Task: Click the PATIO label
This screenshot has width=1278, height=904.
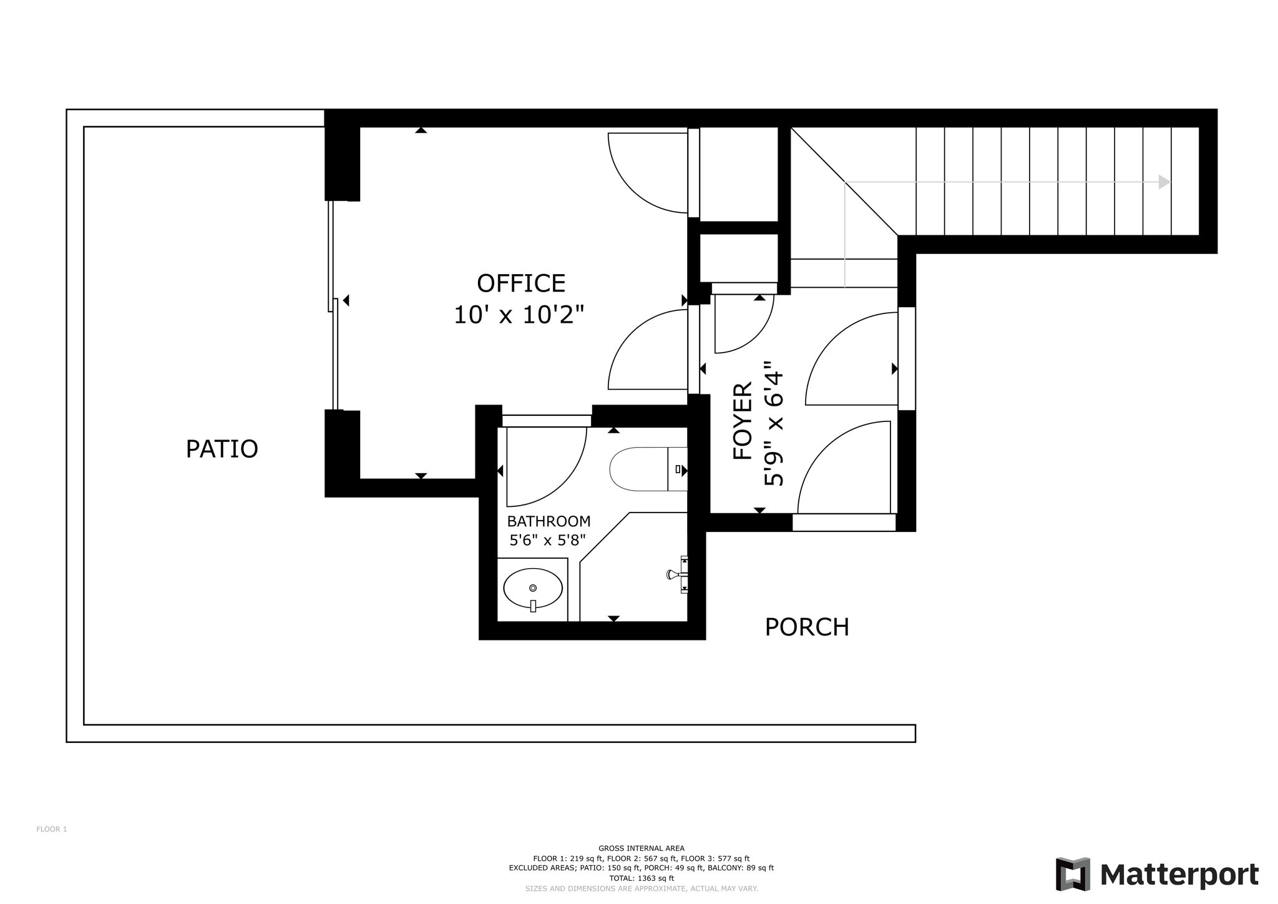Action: pyautogui.click(x=222, y=449)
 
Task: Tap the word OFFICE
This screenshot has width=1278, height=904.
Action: pyautogui.click(x=521, y=283)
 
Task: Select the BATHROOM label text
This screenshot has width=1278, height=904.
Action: pyautogui.click(x=549, y=521)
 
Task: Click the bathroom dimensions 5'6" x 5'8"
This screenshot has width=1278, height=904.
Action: pyautogui.click(x=547, y=540)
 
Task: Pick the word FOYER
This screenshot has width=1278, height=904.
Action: pyautogui.click(x=743, y=421)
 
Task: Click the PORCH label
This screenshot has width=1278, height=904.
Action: pyautogui.click(x=807, y=627)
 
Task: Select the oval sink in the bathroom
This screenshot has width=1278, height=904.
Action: pyautogui.click(x=533, y=588)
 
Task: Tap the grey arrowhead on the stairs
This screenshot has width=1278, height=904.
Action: pyautogui.click(x=1164, y=182)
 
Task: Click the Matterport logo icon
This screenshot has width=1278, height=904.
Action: pyautogui.click(x=1073, y=874)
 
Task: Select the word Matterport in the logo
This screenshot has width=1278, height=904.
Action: pyautogui.click(x=1179, y=875)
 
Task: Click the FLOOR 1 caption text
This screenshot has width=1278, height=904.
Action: pyautogui.click(x=52, y=829)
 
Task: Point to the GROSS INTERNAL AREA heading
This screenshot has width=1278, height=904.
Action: pyautogui.click(x=641, y=848)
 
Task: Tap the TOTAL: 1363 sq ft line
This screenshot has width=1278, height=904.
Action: pyautogui.click(x=641, y=878)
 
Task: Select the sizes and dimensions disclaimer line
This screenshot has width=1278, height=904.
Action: pyautogui.click(x=641, y=888)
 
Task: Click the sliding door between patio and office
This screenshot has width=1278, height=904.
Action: pyautogui.click(x=334, y=305)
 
